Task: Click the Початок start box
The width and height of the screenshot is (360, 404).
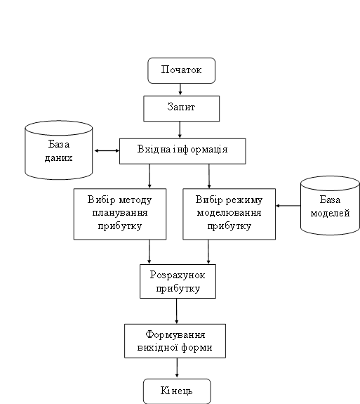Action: (182, 70)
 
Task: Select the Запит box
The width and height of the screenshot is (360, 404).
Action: (182, 108)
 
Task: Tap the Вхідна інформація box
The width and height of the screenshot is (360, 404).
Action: (182, 151)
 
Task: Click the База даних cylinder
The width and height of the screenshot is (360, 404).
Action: (59, 150)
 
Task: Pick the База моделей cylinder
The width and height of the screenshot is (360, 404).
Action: (330, 205)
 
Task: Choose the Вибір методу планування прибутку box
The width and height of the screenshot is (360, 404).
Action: (120, 214)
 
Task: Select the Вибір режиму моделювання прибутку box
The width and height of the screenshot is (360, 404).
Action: (229, 214)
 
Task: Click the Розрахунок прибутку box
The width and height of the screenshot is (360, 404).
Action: (178, 281)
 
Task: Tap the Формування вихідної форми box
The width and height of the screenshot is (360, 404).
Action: (175, 341)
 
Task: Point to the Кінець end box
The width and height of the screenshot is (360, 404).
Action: (177, 391)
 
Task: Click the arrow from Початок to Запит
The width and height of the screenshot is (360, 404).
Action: (180, 89)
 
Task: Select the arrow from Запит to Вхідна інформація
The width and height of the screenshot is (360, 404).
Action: (180, 129)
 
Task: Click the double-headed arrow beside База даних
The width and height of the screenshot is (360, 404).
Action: (107, 151)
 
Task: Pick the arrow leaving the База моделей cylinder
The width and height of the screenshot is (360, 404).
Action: (288, 206)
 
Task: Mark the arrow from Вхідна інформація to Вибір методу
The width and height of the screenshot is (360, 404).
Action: (149, 176)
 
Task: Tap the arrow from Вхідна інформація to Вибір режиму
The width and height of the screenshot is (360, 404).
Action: (209, 176)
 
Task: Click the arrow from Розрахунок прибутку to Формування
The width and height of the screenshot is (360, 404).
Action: (177, 311)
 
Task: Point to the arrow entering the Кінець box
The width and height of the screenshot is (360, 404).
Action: (177, 368)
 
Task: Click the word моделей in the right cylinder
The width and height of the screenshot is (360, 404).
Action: (330, 213)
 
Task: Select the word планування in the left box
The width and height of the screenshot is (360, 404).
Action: (120, 213)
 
